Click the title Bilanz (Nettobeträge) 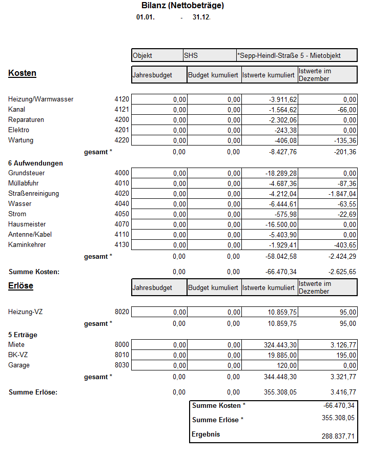(x=182, y=6)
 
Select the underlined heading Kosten (x=22, y=73)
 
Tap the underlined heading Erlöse (x=20, y=286)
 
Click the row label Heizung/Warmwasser (x=41, y=99)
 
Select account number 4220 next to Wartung (x=122, y=140)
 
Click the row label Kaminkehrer (x=27, y=245)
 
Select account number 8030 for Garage (x=122, y=365)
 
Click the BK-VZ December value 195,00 (x=346, y=355)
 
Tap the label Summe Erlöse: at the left (x=33, y=392)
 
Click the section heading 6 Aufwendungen (x=35, y=163)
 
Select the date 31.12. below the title (x=201, y=17)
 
